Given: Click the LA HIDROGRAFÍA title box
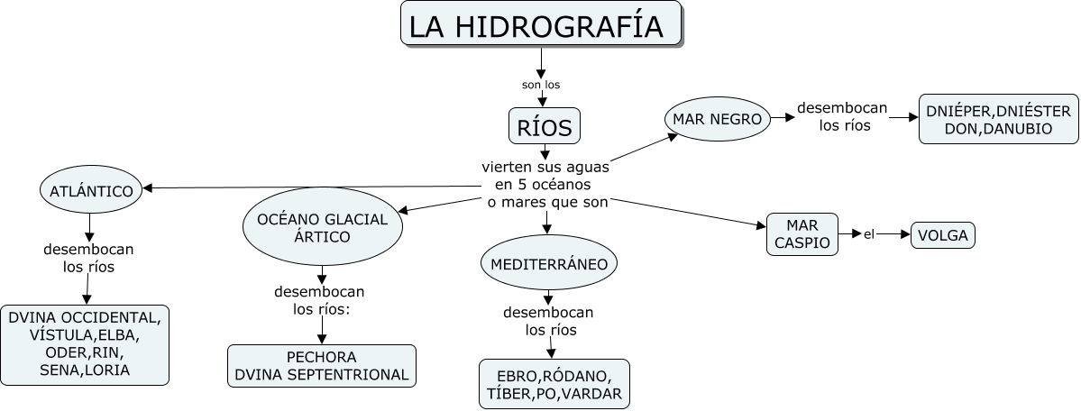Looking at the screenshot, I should tap(540, 25).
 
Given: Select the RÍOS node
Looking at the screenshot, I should tap(544, 127).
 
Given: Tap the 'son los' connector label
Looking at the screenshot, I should tap(541, 85).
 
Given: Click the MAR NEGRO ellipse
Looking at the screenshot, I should tap(718, 119).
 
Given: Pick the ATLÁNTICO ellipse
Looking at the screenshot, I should tap(92, 190).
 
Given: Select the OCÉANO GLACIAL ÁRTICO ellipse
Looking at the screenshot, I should tap(322, 228).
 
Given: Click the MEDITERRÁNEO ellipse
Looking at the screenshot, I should tap(549, 264).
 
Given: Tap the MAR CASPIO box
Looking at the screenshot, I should tap(802, 234).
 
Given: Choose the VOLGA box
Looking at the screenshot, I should tap(942, 235).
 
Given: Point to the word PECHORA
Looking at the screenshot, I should tap(322, 357).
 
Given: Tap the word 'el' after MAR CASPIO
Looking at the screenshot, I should tap(869, 235).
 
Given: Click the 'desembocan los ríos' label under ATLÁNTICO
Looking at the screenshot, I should tap(88, 258).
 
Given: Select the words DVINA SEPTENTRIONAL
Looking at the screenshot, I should tap(322, 375).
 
